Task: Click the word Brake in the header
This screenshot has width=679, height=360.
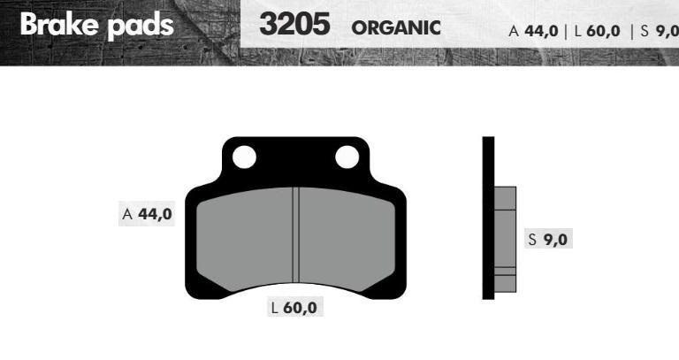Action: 59,24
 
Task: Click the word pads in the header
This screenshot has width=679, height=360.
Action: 141,26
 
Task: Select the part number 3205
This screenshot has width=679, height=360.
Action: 294,24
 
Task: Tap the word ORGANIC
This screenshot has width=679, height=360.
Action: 396,28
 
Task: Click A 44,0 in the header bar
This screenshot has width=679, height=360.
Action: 533,31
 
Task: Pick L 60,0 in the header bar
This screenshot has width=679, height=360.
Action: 597,31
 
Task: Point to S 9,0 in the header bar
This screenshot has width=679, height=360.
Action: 659,31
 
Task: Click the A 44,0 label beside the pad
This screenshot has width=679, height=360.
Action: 147,213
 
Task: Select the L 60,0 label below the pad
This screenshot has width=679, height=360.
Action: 294,307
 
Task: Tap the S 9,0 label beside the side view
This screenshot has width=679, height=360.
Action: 548,239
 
